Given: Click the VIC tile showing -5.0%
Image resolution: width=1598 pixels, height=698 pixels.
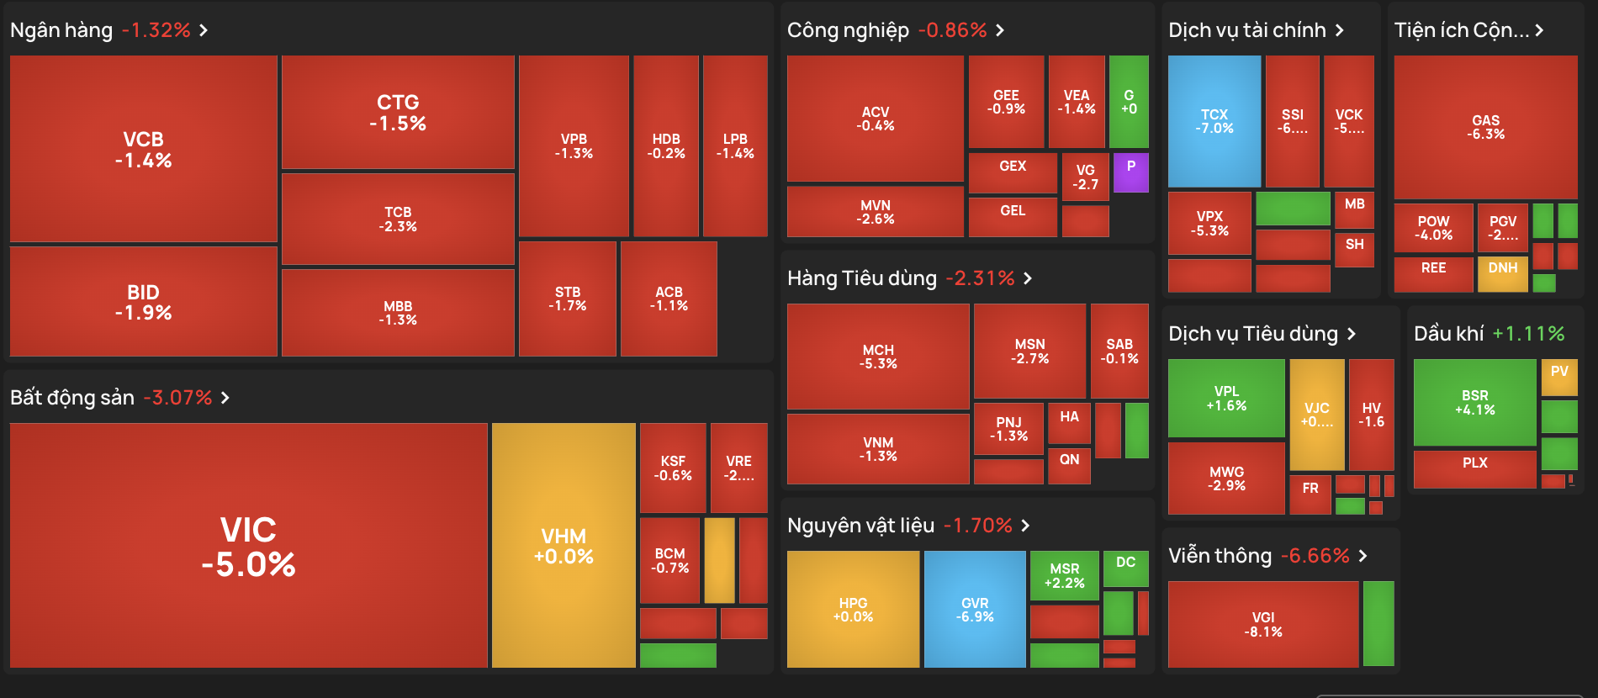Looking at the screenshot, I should click(248, 546).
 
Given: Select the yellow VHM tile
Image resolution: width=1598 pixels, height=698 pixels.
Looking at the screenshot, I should click(564, 546).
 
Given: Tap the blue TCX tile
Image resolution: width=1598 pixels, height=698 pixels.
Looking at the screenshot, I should click(1214, 121).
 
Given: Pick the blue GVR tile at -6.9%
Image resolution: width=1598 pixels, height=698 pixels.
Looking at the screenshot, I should click(975, 610).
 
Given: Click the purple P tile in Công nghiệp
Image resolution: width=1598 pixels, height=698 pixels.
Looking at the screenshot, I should click(1130, 172).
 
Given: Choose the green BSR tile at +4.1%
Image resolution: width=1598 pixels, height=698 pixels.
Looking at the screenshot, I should click(1474, 402).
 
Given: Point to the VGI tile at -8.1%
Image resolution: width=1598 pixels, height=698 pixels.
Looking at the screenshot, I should click(1262, 624).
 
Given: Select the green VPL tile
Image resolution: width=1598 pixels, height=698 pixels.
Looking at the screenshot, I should click(1226, 398).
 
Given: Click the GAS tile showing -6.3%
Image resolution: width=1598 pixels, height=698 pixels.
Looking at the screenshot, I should click(1485, 127).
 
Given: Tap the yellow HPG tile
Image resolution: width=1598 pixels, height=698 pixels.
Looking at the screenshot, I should click(853, 610).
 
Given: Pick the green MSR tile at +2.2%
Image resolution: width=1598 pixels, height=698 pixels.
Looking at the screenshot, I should click(1064, 575).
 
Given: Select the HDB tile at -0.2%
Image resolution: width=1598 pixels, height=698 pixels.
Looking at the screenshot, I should click(665, 145).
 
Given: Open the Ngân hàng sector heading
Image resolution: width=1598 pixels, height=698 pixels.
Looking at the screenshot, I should click(61, 30).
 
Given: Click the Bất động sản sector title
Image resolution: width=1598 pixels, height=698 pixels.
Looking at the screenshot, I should click(72, 398).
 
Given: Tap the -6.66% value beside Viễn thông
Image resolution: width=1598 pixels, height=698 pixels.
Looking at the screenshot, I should click(1315, 556).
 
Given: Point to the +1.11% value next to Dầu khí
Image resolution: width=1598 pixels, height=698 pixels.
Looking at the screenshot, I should click(1527, 334).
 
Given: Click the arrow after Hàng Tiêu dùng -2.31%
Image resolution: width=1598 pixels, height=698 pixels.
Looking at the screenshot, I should click(1027, 278).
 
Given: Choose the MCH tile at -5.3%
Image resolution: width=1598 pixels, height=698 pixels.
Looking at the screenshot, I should click(878, 357).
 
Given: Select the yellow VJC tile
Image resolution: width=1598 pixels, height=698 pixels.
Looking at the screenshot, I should click(1316, 415).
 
